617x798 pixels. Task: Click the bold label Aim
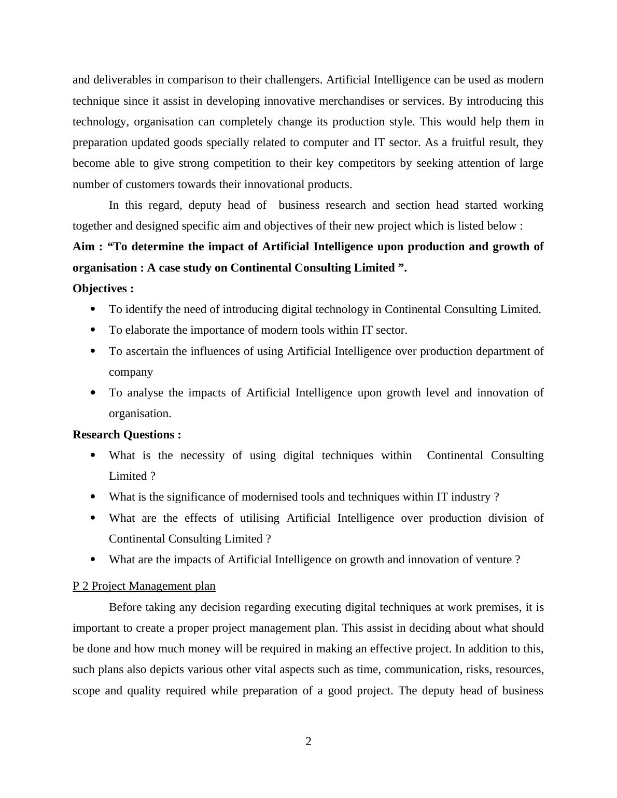tap(83, 247)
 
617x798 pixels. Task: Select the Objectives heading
tap(103, 289)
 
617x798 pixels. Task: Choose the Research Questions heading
tap(127, 435)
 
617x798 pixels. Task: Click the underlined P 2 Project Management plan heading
tap(144, 586)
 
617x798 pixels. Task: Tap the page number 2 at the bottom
tap(308, 742)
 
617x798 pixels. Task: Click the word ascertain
tap(147, 351)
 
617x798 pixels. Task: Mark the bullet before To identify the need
tap(93, 309)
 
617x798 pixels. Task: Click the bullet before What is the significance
tap(93, 497)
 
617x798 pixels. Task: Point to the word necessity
tap(203, 455)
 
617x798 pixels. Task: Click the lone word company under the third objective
tap(131, 372)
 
